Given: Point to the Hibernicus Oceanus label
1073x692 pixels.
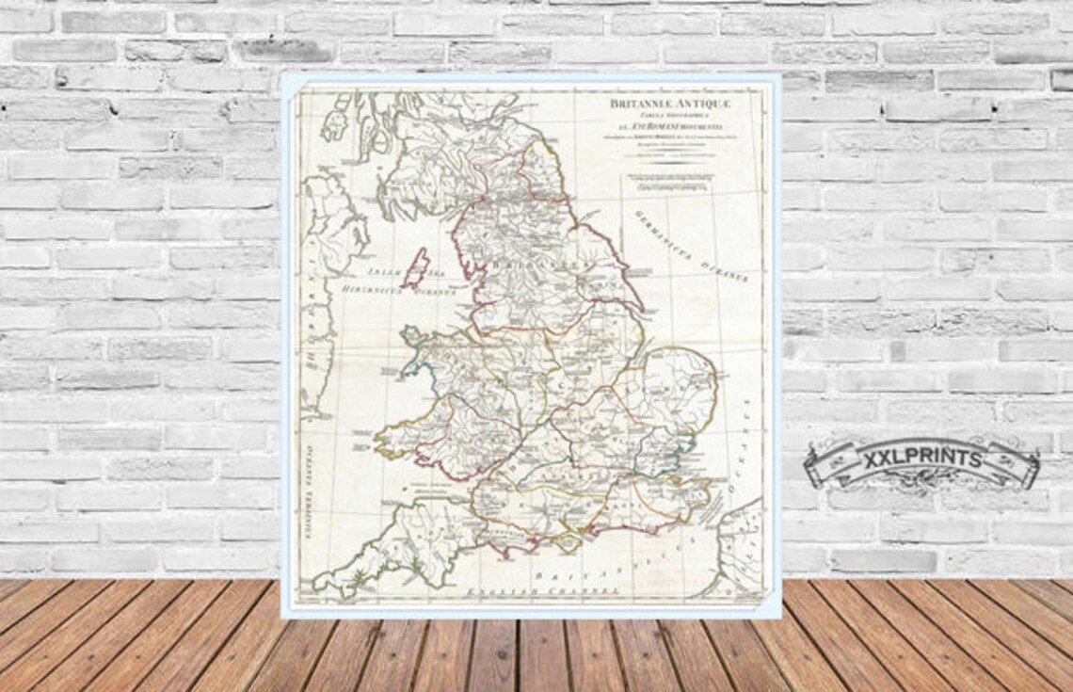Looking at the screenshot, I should pyautogui.click(x=399, y=289).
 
